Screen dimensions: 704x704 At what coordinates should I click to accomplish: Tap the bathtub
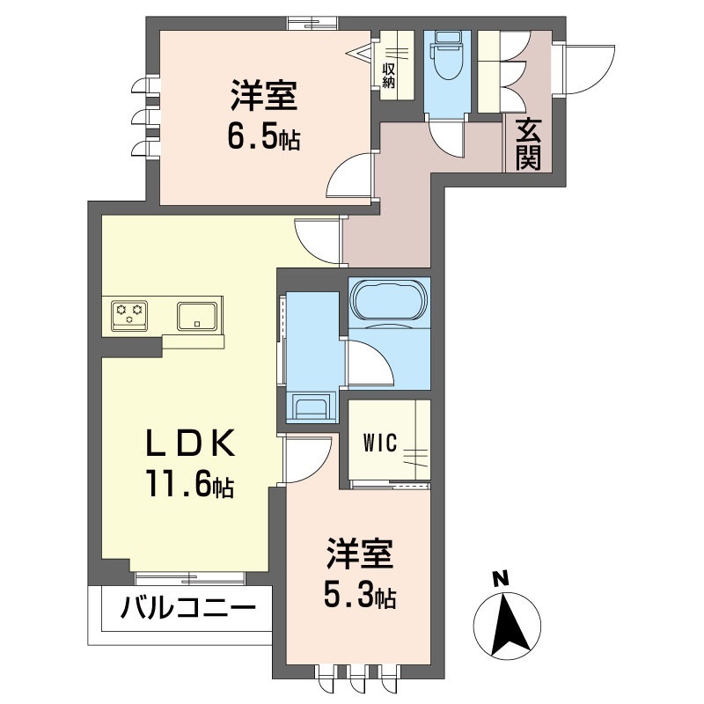[x=389, y=300]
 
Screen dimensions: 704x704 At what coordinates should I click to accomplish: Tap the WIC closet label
[x=380, y=441]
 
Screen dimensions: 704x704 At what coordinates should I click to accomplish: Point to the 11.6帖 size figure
[x=188, y=487]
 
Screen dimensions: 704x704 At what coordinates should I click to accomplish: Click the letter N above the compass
[x=500, y=578]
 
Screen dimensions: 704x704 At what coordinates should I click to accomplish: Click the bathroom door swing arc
[x=367, y=362]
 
